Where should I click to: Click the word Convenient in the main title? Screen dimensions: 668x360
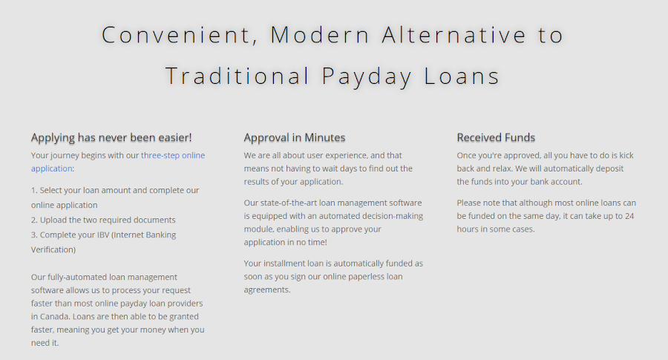pos(175,35)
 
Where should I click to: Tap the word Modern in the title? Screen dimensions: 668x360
pos(320,35)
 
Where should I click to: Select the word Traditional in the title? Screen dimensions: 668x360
pos(238,76)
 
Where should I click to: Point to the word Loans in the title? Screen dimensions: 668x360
pos(462,76)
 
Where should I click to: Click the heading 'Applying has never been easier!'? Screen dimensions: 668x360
pos(111,137)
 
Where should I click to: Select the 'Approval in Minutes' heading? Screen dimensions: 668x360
pos(295,137)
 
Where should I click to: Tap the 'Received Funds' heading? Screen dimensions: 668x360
pos(496,137)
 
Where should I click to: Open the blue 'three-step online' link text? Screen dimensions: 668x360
pos(173,155)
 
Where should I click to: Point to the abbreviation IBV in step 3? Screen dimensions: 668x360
pos(103,235)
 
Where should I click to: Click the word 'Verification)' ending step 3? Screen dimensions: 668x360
pos(53,249)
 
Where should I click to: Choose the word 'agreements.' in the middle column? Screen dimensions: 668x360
pos(267,290)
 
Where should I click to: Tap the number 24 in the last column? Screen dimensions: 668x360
pos(629,216)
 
